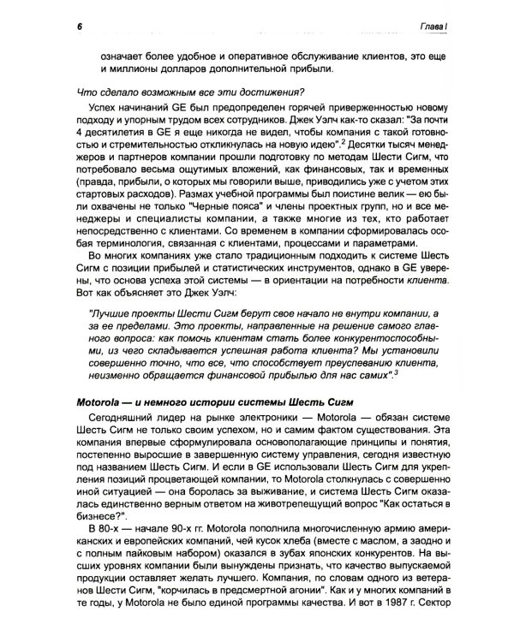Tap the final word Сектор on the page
(439, 613)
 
